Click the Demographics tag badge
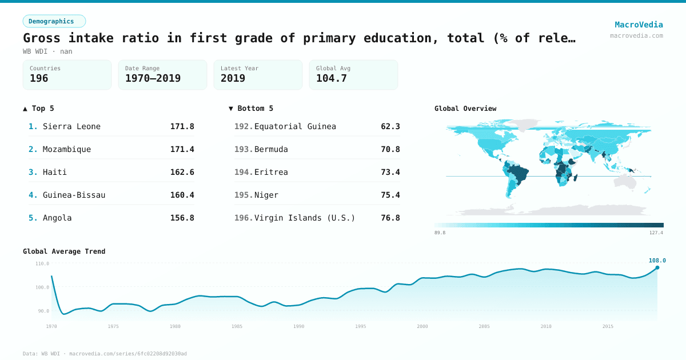pos(54,21)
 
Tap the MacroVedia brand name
pos(639,25)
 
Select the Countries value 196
pos(39,78)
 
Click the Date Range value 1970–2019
pos(153,78)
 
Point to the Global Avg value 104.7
pos(332,78)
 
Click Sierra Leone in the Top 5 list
pos(71,126)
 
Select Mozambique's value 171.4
pos(182,149)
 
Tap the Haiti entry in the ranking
pos(55,172)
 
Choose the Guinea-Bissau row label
pos(74,195)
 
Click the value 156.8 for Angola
pos(182,218)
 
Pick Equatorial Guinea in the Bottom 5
pos(295,126)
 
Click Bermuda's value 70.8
pos(390,149)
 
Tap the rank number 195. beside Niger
pos(243,195)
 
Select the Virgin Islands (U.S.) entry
pos(305,218)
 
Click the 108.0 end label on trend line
pos(657,261)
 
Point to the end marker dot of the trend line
pos(657,267)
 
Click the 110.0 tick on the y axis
pos(42,263)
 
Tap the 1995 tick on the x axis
pos(361,326)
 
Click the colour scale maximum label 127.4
pos(656,233)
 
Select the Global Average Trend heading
pos(64,251)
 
